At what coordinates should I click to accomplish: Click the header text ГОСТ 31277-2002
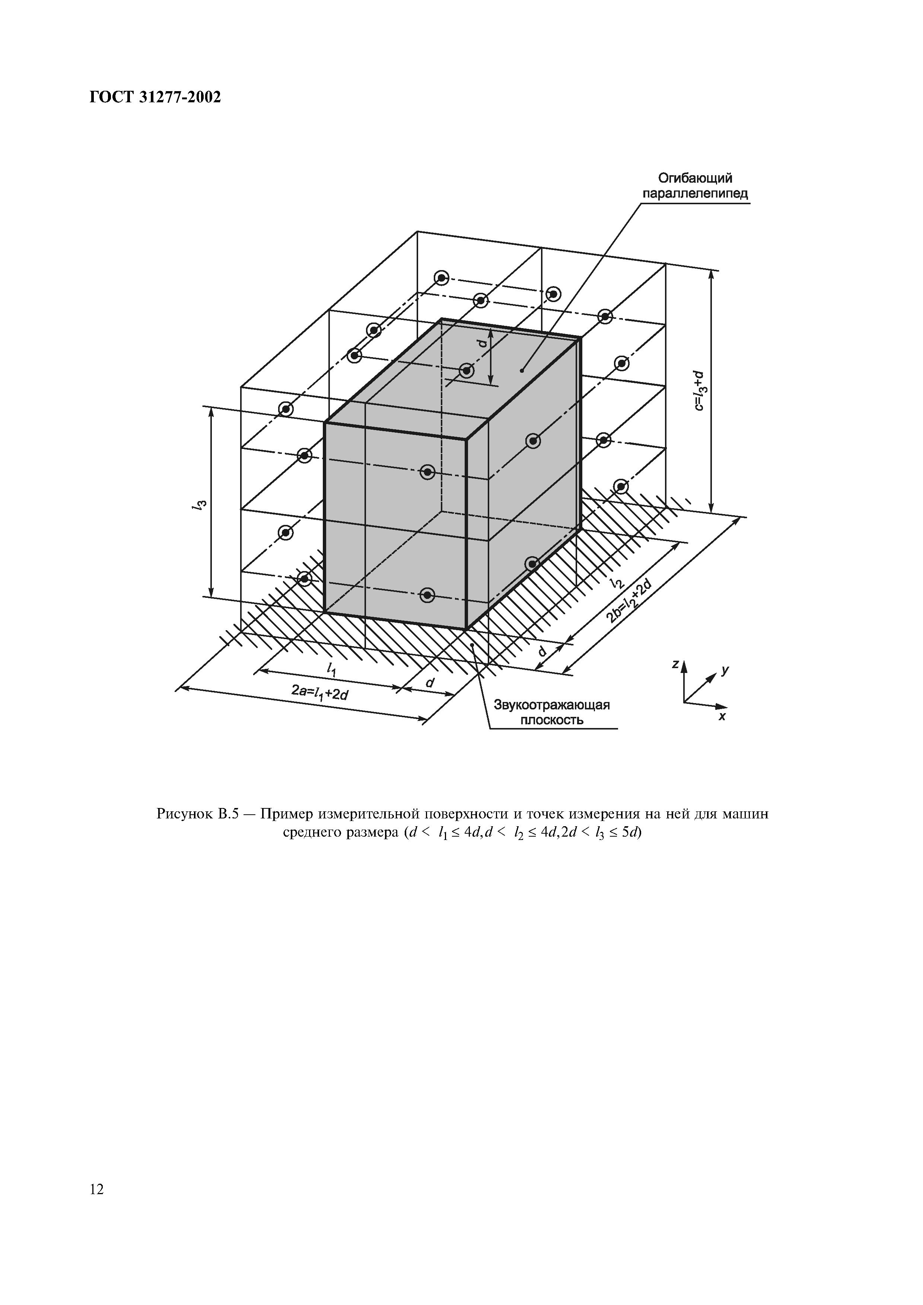pos(155,98)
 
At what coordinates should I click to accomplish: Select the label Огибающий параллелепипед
pos(695,186)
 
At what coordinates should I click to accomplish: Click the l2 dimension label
pos(617,582)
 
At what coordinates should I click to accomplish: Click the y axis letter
pos(725,671)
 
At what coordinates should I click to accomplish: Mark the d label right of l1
pos(429,683)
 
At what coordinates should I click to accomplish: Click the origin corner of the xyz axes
pos(684,702)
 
